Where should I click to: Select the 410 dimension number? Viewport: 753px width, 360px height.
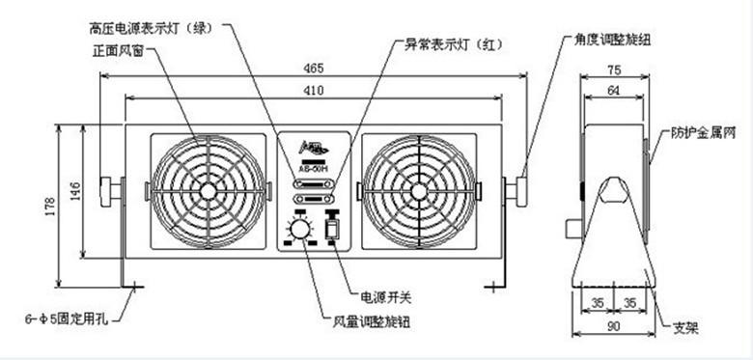(x=311, y=89)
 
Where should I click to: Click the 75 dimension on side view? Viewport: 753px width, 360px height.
(x=613, y=69)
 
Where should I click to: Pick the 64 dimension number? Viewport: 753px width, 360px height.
(x=613, y=90)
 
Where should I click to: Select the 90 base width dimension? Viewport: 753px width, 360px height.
(x=613, y=327)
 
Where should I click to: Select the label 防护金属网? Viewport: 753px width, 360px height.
(x=704, y=135)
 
